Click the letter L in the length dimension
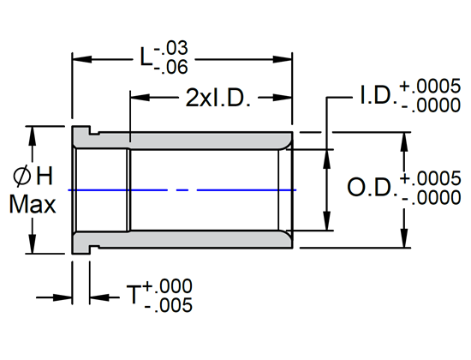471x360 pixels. (146, 58)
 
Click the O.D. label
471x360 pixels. (371, 188)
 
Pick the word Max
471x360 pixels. (33, 206)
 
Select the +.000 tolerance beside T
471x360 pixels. (168, 286)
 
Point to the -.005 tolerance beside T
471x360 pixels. (168, 305)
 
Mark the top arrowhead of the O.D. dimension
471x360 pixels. (403, 138)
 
